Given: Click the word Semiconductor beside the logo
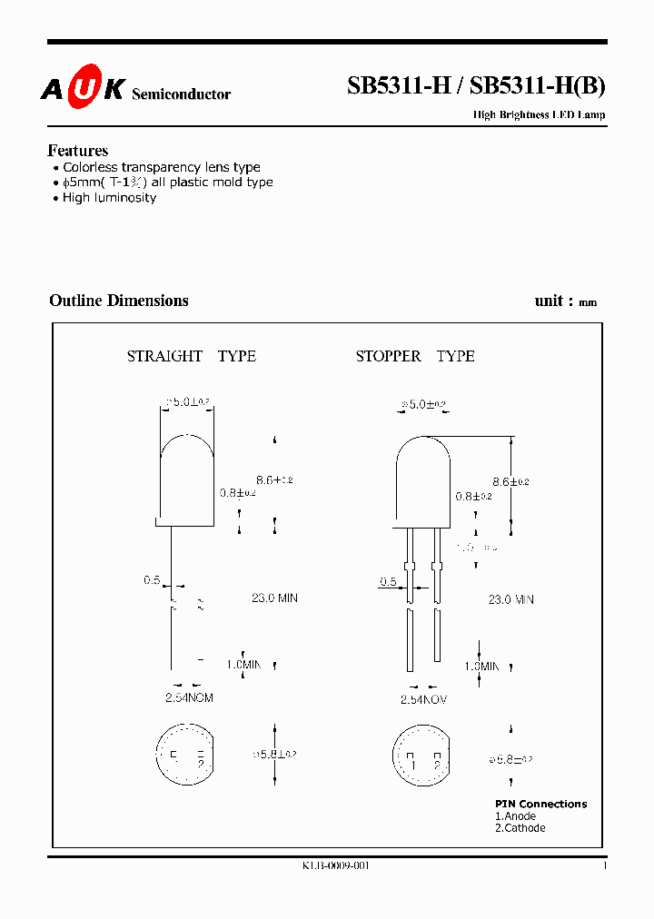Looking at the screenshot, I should pos(182,94).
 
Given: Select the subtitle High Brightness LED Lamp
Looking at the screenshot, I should pos(539,115).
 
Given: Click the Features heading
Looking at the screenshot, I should pos(78,151).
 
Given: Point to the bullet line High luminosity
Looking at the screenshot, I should pos(109,198).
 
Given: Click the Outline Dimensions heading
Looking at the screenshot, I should pos(119,301).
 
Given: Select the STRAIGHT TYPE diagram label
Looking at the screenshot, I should pos(192,356).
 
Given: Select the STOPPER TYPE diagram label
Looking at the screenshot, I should pos(415,356).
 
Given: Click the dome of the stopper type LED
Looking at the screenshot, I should pos(423,454).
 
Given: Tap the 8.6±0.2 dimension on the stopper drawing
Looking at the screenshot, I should pos(510,481).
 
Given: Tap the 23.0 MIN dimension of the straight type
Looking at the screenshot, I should pos(274,598).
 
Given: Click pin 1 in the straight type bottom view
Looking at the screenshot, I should pos(173,756).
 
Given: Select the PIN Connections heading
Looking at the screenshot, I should pos(540,804).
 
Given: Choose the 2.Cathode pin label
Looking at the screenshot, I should pos(520,828).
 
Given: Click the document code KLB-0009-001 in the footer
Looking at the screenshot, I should pos(336,866).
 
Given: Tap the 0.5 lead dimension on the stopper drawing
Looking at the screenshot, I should pos(389,582).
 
